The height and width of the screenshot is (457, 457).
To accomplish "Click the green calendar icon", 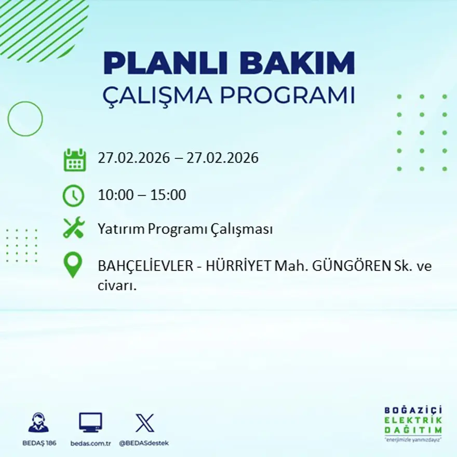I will click(x=74, y=160).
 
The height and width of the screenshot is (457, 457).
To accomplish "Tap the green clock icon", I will click(x=73, y=196).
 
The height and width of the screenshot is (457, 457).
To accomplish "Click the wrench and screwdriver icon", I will click(x=73, y=228).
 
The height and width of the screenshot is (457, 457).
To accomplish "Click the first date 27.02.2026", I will click(x=133, y=158).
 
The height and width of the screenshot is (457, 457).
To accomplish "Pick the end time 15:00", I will click(x=168, y=195).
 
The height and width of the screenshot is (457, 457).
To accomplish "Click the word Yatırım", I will click(x=120, y=230).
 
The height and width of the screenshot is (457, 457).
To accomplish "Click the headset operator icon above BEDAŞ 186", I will click(x=39, y=423).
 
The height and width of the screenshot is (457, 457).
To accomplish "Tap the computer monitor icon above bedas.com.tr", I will click(x=90, y=422).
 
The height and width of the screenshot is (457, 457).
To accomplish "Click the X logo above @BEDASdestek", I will click(x=144, y=423).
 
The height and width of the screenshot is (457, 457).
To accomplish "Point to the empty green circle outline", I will click(x=25, y=119).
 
